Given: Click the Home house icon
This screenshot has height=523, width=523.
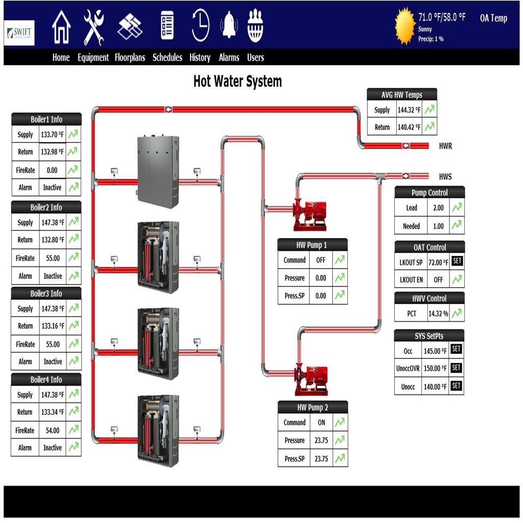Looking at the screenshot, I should [61, 27].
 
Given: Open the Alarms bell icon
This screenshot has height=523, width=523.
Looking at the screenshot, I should [229, 26].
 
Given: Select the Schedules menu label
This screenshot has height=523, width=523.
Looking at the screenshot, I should [167, 58].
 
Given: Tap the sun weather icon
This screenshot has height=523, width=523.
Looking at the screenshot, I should [405, 25].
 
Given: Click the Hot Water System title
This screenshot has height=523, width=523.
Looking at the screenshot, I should [237, 81].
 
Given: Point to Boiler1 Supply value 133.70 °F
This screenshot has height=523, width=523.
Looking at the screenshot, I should [52, 135].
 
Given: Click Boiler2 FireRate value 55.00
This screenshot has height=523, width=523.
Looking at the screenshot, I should [53, 258].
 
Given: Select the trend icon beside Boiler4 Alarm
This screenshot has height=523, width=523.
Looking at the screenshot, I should [74, 447].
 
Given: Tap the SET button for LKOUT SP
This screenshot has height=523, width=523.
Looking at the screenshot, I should [457, 261].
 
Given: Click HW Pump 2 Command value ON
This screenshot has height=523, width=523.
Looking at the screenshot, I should [321, 422].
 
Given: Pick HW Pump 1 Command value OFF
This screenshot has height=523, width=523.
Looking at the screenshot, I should [321, 260].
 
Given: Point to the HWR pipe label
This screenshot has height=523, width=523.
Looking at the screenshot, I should [445, 146].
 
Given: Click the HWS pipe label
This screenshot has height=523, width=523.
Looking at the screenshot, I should [445, 177].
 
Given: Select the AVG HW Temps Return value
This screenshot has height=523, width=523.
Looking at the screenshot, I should [409, 127].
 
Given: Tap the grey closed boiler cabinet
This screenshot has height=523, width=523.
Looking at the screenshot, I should [158, 171].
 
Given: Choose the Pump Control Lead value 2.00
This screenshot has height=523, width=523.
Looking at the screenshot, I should [438, 208].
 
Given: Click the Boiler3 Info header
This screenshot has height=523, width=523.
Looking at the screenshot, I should [46, 294].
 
